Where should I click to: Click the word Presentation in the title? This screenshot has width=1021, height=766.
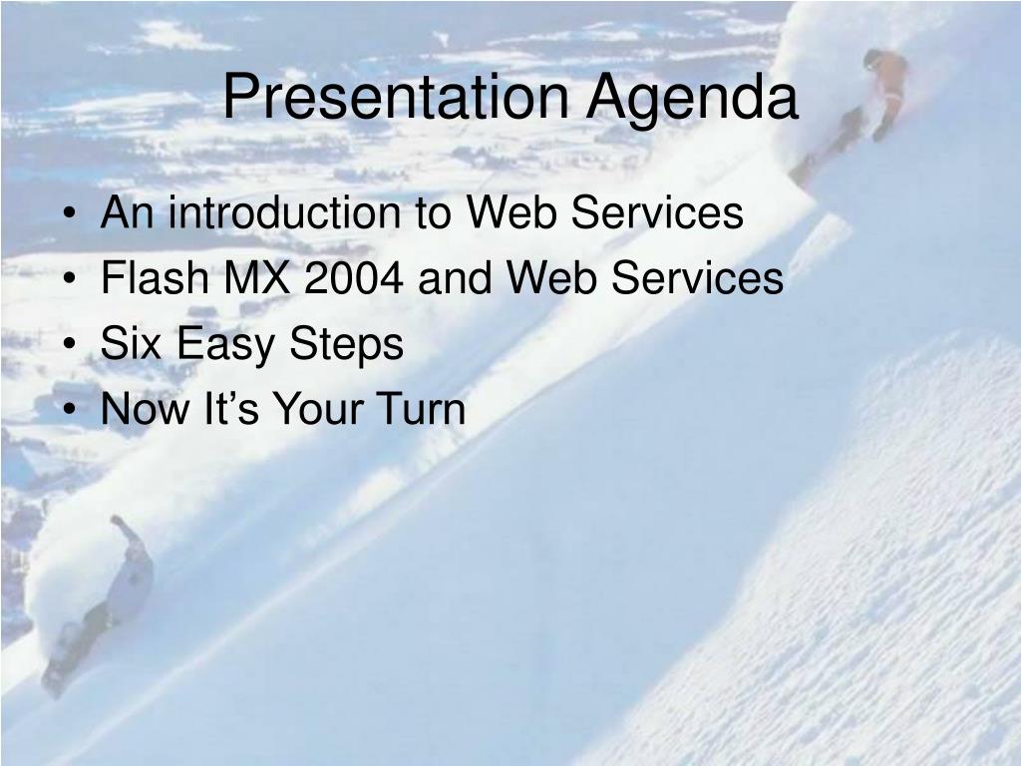click(396, 97)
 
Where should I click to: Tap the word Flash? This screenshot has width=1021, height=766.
click(155, 277)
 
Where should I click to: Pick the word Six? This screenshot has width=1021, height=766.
click(131, 343)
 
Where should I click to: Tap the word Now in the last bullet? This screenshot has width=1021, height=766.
click(145, 409)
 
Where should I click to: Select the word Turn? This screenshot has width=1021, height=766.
click(421, 409)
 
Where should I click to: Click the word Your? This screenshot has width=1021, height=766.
click(318, 409)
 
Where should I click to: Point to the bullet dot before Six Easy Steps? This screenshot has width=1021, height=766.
click(71, 345)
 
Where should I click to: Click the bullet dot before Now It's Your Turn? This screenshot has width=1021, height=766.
click(71, 410)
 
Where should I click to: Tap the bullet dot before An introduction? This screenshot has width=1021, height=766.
click(71, 214)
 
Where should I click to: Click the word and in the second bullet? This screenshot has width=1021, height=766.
click(455, 277)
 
